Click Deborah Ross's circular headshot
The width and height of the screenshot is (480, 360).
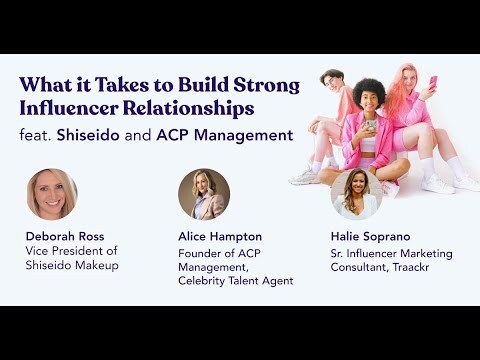(x=51, y=194)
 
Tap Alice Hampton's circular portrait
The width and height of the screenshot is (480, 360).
(x=204, y=194)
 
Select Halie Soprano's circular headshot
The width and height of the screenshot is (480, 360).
(x=357, y=194)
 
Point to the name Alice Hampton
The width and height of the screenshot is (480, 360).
(x=220, y=237)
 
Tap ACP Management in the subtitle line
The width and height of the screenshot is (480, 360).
(x=236, y=134)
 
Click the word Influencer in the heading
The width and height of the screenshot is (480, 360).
(x=72, y=107)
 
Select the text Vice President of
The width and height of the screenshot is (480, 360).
(x=70, y=253)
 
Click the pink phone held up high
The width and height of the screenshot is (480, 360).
(x=432, y=82)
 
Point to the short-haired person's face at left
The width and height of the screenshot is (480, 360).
(x=332, y=83)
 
